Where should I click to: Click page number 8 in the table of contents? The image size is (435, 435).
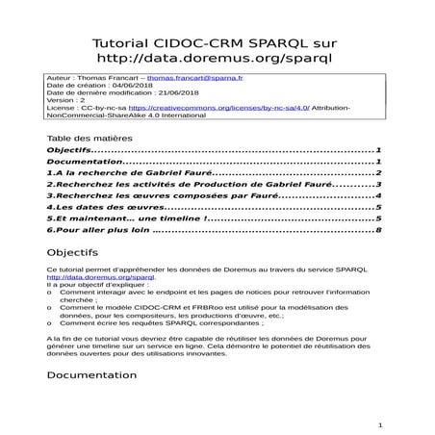[x=381, y=231]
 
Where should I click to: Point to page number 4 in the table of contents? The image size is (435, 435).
[x=381, y=195]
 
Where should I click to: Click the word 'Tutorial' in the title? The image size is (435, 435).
[x=120, y=43]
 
